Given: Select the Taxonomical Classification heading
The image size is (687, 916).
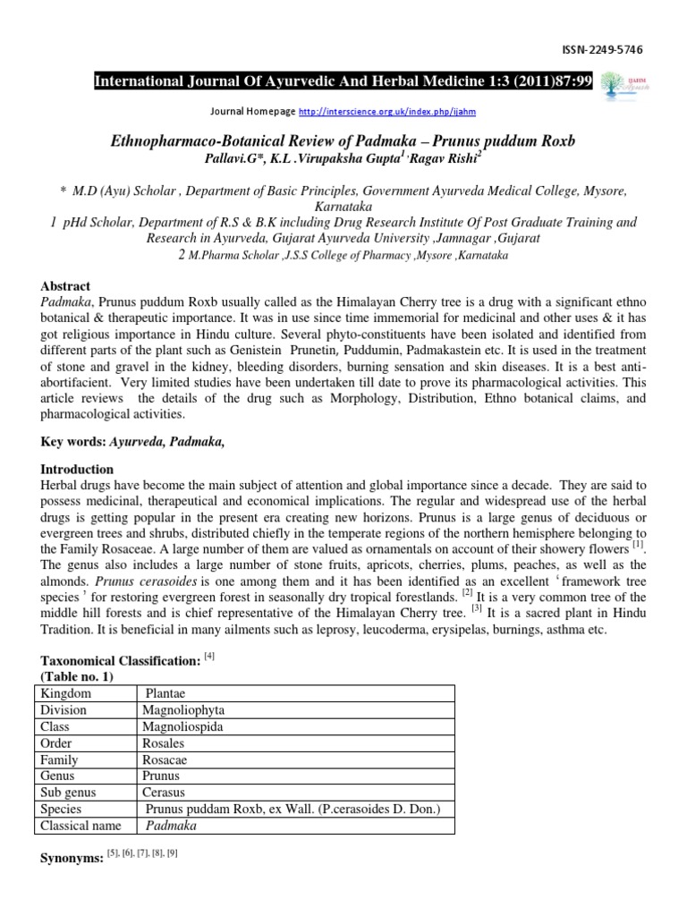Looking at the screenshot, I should pos(121,660).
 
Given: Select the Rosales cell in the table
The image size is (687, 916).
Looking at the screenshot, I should pos(163,743).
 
